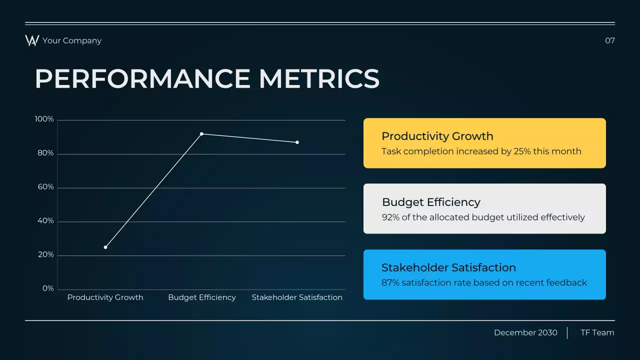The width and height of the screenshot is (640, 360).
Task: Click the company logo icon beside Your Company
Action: [32, 40]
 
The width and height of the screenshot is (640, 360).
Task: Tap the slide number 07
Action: [609, 40]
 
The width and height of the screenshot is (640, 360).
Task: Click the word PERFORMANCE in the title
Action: [142, 79]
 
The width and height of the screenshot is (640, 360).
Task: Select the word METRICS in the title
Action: [319, 79]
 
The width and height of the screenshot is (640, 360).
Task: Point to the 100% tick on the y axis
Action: [44, 119]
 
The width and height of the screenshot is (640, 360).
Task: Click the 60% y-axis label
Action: [45, 187]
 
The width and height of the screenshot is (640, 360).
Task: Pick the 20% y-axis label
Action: [45, 254]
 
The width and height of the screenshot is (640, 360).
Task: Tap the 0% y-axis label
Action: [47, 288]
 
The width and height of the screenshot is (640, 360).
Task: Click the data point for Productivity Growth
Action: [105, 247]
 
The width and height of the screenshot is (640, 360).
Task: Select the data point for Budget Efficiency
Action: [201, 134]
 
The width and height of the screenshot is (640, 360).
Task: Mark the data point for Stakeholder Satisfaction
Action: [297, 142]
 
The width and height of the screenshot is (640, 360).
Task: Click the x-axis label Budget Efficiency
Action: [201, 297]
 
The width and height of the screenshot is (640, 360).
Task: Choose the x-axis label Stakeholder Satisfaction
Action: [297, 297]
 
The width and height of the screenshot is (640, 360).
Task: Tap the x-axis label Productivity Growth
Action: [105, 297]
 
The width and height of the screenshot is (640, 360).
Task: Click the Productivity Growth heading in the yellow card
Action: [437, 136]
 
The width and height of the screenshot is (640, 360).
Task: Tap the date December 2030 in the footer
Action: [525, 332]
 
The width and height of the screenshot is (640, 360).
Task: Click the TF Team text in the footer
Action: [597, 332]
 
